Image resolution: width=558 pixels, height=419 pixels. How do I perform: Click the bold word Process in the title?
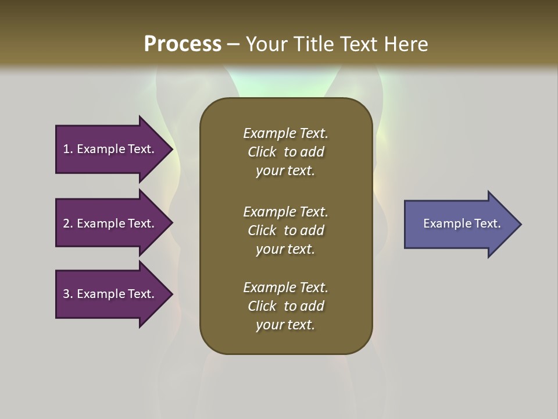click(183, 44)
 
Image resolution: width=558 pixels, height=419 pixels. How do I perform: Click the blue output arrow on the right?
click(459, 224)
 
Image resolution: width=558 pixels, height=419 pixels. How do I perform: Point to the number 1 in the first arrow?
click(66, 149)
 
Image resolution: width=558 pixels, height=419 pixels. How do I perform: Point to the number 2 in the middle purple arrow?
click(66, 223)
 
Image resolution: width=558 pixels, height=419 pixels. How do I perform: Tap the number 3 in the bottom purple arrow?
click(66, 294)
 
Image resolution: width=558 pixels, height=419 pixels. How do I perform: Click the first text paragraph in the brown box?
click(285, 152)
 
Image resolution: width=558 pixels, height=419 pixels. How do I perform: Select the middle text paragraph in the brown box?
click(285, 230)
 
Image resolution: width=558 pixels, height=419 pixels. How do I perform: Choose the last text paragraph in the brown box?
click(285, 306)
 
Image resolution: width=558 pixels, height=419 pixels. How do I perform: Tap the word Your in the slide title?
click(266, 44)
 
